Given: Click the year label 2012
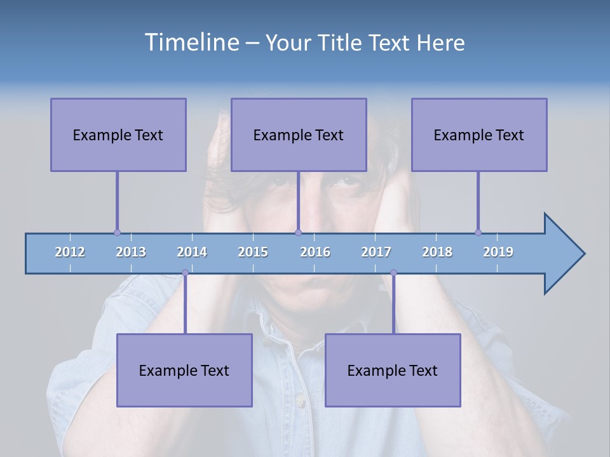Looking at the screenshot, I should coord(70,252).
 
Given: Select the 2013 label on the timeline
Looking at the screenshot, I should coord(131,252).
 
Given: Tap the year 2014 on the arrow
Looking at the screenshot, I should coord(192,252).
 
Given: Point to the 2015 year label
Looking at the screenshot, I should coord(253,252).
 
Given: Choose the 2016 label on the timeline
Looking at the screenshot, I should coord(315,252).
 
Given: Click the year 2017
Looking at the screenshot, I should coord(376,252).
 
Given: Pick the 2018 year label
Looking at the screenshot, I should coord(437,252).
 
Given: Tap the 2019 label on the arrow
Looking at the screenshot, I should coord(498,252).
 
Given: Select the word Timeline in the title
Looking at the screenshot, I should coord(191,43).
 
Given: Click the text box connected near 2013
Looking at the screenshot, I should coord(118,135).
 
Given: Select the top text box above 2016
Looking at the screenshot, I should coord(299,135).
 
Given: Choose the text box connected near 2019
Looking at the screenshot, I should coord(479,135).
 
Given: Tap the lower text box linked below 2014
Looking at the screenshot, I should coord(184,370).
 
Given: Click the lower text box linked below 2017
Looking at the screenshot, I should coord(393,370).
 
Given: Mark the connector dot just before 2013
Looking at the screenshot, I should coord(117,232).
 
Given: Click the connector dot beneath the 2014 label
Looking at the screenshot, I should coord(185,273).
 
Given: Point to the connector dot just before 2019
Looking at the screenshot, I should coord(478,232).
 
